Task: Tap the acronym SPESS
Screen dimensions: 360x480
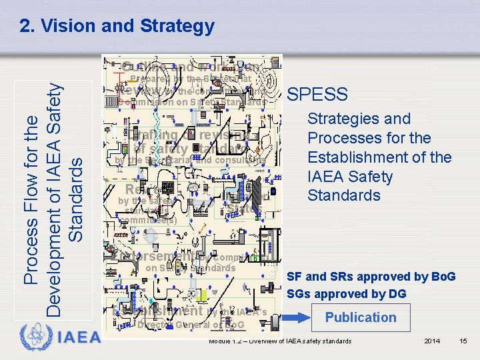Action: click(x=317, y=95)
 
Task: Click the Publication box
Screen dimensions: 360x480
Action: click(x=361, y=317)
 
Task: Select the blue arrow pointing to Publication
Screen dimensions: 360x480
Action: click(x=297, y=317)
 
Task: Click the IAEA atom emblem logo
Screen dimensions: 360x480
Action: click(x=33, y=335)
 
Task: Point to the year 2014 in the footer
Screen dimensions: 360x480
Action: click(x=432, y=341)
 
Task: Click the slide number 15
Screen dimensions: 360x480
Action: click(x=464, y=341)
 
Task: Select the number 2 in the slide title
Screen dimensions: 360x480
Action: click(x=25, y=26)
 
